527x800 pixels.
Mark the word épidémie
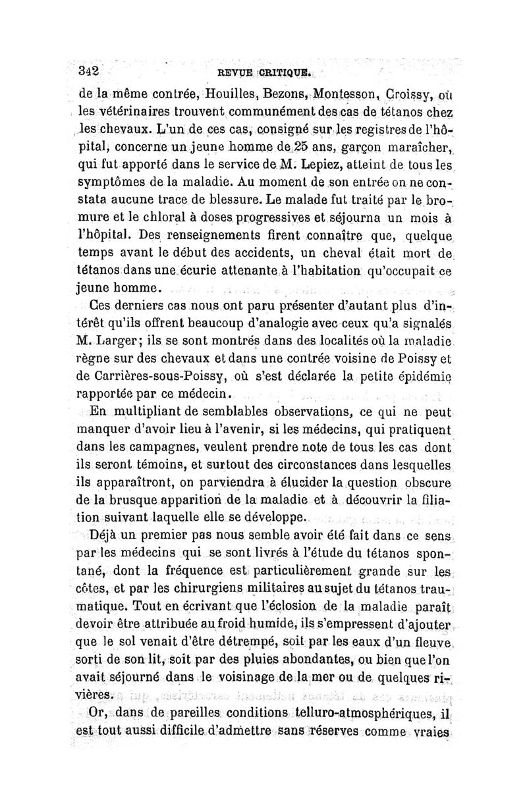(x=423, y=376)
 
